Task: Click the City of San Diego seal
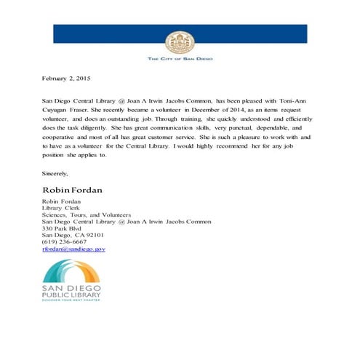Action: coord(180,41)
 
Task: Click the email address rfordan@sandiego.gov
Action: coord(74,249)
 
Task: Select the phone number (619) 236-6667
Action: coord(64,242)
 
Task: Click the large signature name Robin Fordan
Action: coord(73,190)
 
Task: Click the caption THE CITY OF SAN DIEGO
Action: coord(180,57)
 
